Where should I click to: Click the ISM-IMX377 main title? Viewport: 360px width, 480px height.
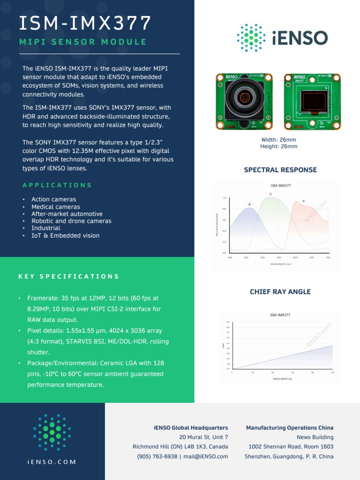click(85, 23)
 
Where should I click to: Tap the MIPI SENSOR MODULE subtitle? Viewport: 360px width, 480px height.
click(83, 42)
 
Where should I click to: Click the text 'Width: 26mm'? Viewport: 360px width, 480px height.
click(278, 140)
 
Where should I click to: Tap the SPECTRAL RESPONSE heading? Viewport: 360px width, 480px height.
click(280, 170)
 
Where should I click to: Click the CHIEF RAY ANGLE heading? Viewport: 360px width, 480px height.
click(280, 292)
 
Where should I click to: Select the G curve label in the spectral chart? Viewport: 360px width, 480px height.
click(270, 194)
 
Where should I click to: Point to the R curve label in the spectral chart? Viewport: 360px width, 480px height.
click(303, 201)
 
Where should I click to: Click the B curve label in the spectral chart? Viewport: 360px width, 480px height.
click(249, 204)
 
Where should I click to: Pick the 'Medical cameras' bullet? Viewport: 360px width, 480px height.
click(56, 207)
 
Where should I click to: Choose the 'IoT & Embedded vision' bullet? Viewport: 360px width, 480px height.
click(65, 236)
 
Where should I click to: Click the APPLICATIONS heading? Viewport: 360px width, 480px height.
click(57, 185)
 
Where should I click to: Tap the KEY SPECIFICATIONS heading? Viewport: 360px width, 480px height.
click(69, 276)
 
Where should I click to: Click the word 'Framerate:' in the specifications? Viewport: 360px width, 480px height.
click(43, 298)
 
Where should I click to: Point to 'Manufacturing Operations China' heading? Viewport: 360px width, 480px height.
click(290, 427)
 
